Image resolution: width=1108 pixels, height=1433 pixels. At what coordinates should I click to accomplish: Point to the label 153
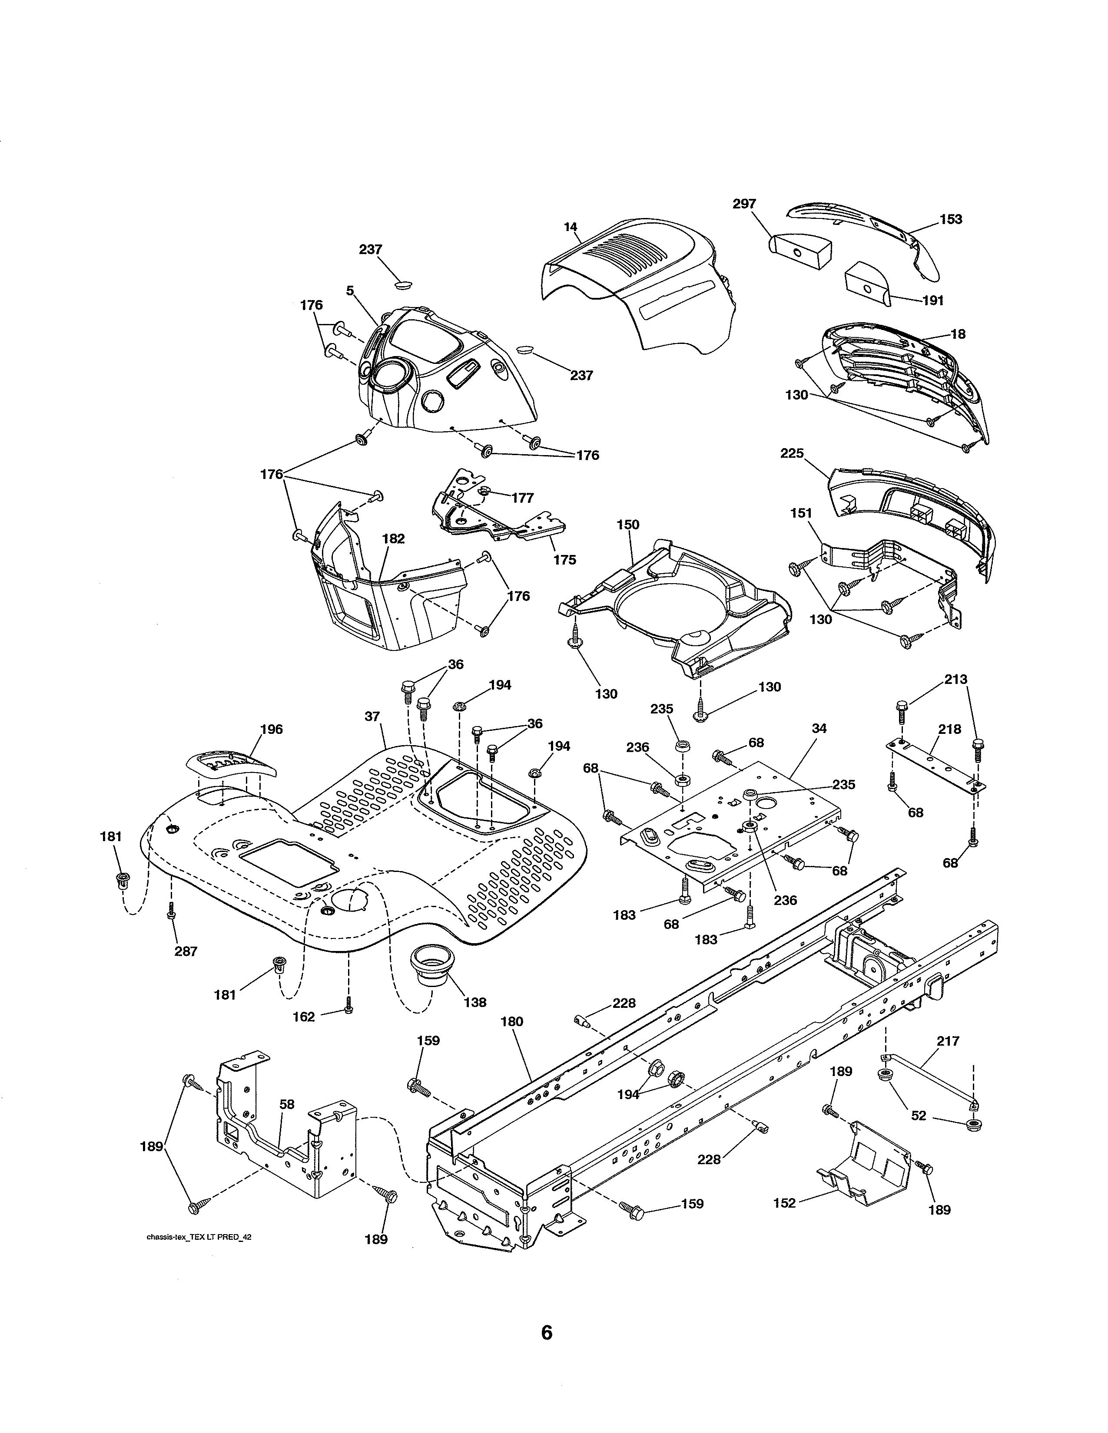[x=950, y=219]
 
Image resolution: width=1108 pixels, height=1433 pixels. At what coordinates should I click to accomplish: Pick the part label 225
[x=792, y=453]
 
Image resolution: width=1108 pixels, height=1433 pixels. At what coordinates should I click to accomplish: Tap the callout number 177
[x=522, y=498]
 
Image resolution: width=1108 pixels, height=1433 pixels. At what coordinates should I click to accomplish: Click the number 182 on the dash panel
[x=393, y=539]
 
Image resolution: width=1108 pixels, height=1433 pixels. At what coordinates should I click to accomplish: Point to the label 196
[x=271, y=729]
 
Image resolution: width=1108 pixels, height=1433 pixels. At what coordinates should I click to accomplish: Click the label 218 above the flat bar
[x=949, y=729]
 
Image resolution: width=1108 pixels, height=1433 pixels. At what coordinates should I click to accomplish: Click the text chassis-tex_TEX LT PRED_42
[x=198, y=1237]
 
